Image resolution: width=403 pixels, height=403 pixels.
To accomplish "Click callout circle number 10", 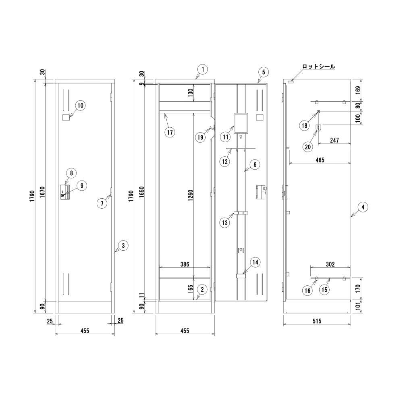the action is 81,105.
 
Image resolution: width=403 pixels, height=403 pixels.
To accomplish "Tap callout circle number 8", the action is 71,173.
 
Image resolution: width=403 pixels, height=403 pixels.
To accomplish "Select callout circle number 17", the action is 170,132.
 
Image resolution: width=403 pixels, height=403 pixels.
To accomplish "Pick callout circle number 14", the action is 255,262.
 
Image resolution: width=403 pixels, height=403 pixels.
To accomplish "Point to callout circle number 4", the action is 363,207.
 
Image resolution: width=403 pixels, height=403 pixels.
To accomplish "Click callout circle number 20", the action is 307,147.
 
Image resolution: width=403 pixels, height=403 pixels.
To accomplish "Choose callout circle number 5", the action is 264,72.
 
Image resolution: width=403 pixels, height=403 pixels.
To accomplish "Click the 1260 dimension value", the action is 191,195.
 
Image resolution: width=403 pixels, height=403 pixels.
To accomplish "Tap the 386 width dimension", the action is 185,264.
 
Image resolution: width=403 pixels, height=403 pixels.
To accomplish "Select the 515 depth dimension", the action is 317,321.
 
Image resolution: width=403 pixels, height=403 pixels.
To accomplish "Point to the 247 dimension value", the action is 334,140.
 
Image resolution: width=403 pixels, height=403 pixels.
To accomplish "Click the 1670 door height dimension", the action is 42,192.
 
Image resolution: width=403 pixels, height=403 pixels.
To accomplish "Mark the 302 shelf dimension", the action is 330,264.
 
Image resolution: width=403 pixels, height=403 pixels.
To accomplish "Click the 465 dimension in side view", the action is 320,160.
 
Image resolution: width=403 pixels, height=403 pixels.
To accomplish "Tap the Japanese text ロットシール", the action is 319,66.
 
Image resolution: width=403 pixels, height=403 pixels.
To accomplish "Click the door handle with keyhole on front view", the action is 65,192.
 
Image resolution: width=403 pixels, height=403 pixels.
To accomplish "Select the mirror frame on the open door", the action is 241,123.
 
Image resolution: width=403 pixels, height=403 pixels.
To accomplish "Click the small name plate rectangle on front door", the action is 66,117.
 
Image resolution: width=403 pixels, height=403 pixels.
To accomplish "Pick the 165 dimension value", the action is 191,289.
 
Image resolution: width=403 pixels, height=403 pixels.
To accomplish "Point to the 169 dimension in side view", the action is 358,90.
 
